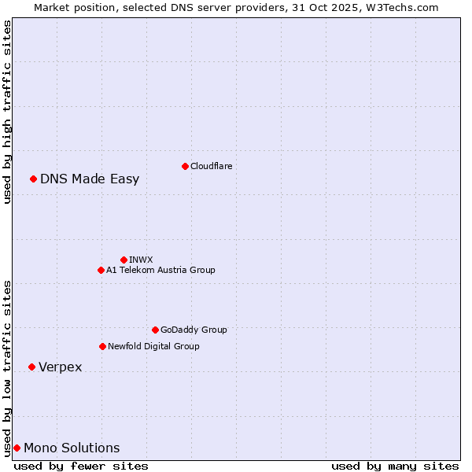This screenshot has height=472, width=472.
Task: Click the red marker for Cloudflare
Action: (x=185, y=166)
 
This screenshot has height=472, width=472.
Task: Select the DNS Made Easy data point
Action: (x=34, y=179)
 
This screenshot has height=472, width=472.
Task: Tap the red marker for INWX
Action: (x=124, y=260)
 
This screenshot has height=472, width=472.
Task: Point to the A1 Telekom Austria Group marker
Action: (x=101, y=270)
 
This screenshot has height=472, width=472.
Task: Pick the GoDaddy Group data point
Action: (x=155, y=330)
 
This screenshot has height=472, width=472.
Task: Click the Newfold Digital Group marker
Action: (x=102, y=346)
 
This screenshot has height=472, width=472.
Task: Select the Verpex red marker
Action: (x=31, y=367)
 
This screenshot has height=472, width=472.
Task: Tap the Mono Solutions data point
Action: (x=17, y=448)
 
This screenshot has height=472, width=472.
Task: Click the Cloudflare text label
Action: (x=211, y=166)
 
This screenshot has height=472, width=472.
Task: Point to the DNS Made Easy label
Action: (x=90, y=179)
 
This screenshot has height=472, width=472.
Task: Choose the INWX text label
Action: (x=141, y=260)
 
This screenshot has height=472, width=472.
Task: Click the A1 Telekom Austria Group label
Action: (x=160, y=270)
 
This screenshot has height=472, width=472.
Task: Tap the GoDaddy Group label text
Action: (x=194, y=330)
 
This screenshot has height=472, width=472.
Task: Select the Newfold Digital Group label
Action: (x=153, y=346)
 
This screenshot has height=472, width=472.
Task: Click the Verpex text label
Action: (x=61, y=367)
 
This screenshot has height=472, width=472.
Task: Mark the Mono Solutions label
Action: (x=72, y=448)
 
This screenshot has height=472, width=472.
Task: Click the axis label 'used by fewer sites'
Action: (x=81, y=466)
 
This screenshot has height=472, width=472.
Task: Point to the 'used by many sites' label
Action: (x=395, y=466)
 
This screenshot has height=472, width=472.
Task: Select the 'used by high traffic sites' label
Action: (x=7, y=112)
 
